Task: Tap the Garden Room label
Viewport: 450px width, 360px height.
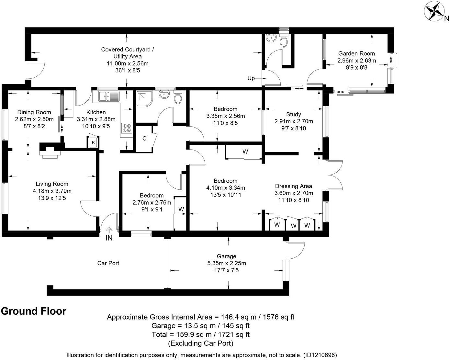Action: click(356, 53)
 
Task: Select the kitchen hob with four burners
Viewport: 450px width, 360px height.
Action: click(127, 128)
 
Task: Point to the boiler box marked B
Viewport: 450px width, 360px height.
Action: click(93, 142)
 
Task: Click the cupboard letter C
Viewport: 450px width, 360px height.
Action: click(144, 139)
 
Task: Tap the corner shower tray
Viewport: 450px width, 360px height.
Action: click(144, 99)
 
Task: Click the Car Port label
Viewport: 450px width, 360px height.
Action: click(108, 263)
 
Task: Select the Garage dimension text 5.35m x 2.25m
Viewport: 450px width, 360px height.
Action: click(227, 263)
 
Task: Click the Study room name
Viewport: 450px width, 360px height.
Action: click(294, 114)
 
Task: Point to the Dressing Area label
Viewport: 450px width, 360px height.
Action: click(294, 186)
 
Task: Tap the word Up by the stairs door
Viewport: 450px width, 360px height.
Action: click(251, 78)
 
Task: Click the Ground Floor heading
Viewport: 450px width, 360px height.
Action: click(34, 311)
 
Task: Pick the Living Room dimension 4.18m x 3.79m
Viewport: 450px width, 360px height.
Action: click(52, 191)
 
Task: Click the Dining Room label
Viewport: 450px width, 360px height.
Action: click(34, 112)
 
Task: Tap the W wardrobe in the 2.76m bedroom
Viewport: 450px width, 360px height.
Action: click(181, 209)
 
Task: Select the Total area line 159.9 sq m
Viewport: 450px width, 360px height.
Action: click(200, 335)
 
